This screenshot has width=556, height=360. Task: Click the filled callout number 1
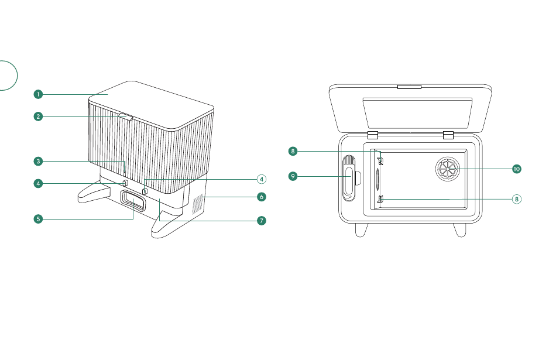click(37, 94)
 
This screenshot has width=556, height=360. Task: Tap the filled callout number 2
click(37, 116)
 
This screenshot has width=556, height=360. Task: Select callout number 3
click(37, 160)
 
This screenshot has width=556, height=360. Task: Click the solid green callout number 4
click(37, 183)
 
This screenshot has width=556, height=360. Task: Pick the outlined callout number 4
click(262, 179)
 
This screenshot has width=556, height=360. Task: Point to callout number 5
click(37, 219)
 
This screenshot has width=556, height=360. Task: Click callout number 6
click(262, 197)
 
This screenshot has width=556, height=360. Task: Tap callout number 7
click(262, 221)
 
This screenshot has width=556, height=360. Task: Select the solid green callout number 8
click(293, 151)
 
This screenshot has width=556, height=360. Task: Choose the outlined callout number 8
click(516, 199)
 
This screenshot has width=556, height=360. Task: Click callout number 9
click(293, 175)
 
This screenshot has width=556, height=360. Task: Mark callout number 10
click(516, 169)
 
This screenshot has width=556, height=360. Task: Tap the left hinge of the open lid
click(373, 135)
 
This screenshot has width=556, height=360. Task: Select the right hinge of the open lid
click(449, 135)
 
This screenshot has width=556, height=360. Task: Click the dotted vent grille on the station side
click(198, 203)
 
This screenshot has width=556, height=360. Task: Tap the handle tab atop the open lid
click(409, 87)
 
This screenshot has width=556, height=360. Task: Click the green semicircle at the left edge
click(7, 74)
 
